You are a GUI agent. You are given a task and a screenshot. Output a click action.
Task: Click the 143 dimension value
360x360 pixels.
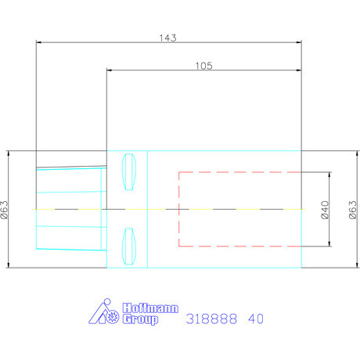click(x=167, y=38)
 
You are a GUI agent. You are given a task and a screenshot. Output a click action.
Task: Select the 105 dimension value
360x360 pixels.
click(x=204, y=66)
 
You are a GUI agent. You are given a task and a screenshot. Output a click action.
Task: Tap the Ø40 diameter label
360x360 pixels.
click(x=325, y=210)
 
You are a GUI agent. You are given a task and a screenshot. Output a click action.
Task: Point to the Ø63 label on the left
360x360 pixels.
click(x=5, y=210)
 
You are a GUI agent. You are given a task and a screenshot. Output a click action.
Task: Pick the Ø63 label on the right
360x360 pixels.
click(x=352, y=210)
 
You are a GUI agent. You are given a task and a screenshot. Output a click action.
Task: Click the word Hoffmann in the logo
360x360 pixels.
click(x=150, y=308)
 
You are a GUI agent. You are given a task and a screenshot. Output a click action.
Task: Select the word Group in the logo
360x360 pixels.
click(x=140, y=319)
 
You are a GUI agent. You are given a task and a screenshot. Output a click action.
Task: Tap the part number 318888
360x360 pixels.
click(x=211, y=319)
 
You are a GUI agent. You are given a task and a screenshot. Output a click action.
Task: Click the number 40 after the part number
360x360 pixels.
click(x=256, y=319)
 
